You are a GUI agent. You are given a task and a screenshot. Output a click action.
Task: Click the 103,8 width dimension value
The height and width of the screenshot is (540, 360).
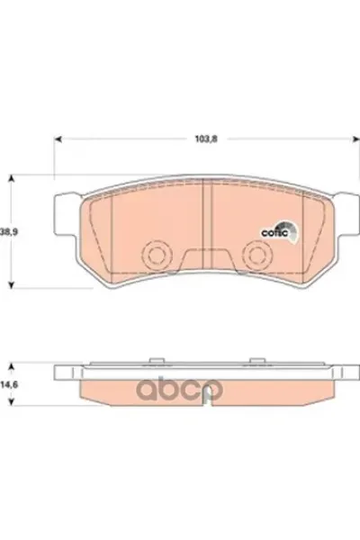coord(206,139)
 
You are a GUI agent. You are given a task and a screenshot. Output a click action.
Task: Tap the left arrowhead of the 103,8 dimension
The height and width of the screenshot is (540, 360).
coord(58,139)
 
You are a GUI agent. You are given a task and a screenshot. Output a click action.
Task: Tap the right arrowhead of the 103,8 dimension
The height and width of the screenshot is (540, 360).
coord(354,139)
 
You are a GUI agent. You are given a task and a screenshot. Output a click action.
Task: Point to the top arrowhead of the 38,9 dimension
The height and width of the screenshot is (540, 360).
coord(11,178)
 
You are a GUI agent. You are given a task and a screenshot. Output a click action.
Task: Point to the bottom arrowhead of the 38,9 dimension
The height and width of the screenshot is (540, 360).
coord(11,284)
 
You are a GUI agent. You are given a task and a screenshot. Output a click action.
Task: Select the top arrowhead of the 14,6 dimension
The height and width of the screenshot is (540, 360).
coord(11,365)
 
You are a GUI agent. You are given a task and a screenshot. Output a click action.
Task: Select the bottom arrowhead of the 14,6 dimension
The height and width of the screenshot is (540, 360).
coord(11,401)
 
